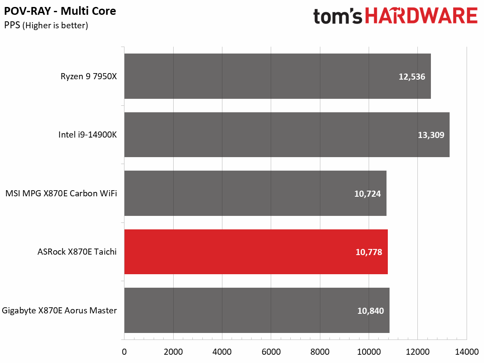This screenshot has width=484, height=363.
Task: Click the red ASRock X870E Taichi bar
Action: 256,252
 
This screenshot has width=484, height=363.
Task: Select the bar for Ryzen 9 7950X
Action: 277,76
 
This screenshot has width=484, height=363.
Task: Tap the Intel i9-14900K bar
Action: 287,134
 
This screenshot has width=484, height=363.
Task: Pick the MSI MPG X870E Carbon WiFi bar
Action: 255,193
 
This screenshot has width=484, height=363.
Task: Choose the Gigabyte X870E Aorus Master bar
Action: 257,310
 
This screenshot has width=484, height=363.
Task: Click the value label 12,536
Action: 411,77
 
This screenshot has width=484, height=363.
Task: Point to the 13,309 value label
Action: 430,135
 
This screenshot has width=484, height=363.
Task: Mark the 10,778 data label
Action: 368,252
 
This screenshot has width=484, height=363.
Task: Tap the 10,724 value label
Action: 367,194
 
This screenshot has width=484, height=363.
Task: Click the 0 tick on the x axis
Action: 124,351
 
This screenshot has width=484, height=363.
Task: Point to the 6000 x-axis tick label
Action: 271,351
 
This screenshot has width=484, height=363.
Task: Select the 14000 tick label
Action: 466,351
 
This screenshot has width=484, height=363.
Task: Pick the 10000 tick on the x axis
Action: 368,351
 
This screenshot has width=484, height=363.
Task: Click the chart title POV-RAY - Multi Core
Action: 60,11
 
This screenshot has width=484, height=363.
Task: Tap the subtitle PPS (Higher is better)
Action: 46,26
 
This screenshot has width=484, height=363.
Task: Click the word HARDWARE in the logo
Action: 421,17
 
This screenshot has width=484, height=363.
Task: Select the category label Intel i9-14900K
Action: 87,135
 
